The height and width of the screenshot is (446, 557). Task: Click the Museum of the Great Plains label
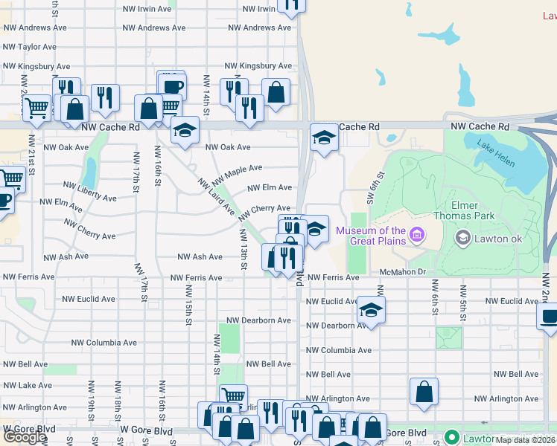370,235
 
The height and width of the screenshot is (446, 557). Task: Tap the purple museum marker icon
416,236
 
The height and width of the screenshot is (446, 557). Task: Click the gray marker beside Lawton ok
462,237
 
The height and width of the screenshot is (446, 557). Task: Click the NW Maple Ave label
238,176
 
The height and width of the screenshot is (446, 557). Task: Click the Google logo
25,436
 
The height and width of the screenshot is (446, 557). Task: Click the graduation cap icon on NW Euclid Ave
371,309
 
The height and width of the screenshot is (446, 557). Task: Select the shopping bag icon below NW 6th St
424,392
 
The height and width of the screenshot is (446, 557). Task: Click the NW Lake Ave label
27,385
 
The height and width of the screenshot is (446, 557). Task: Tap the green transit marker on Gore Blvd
451,437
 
